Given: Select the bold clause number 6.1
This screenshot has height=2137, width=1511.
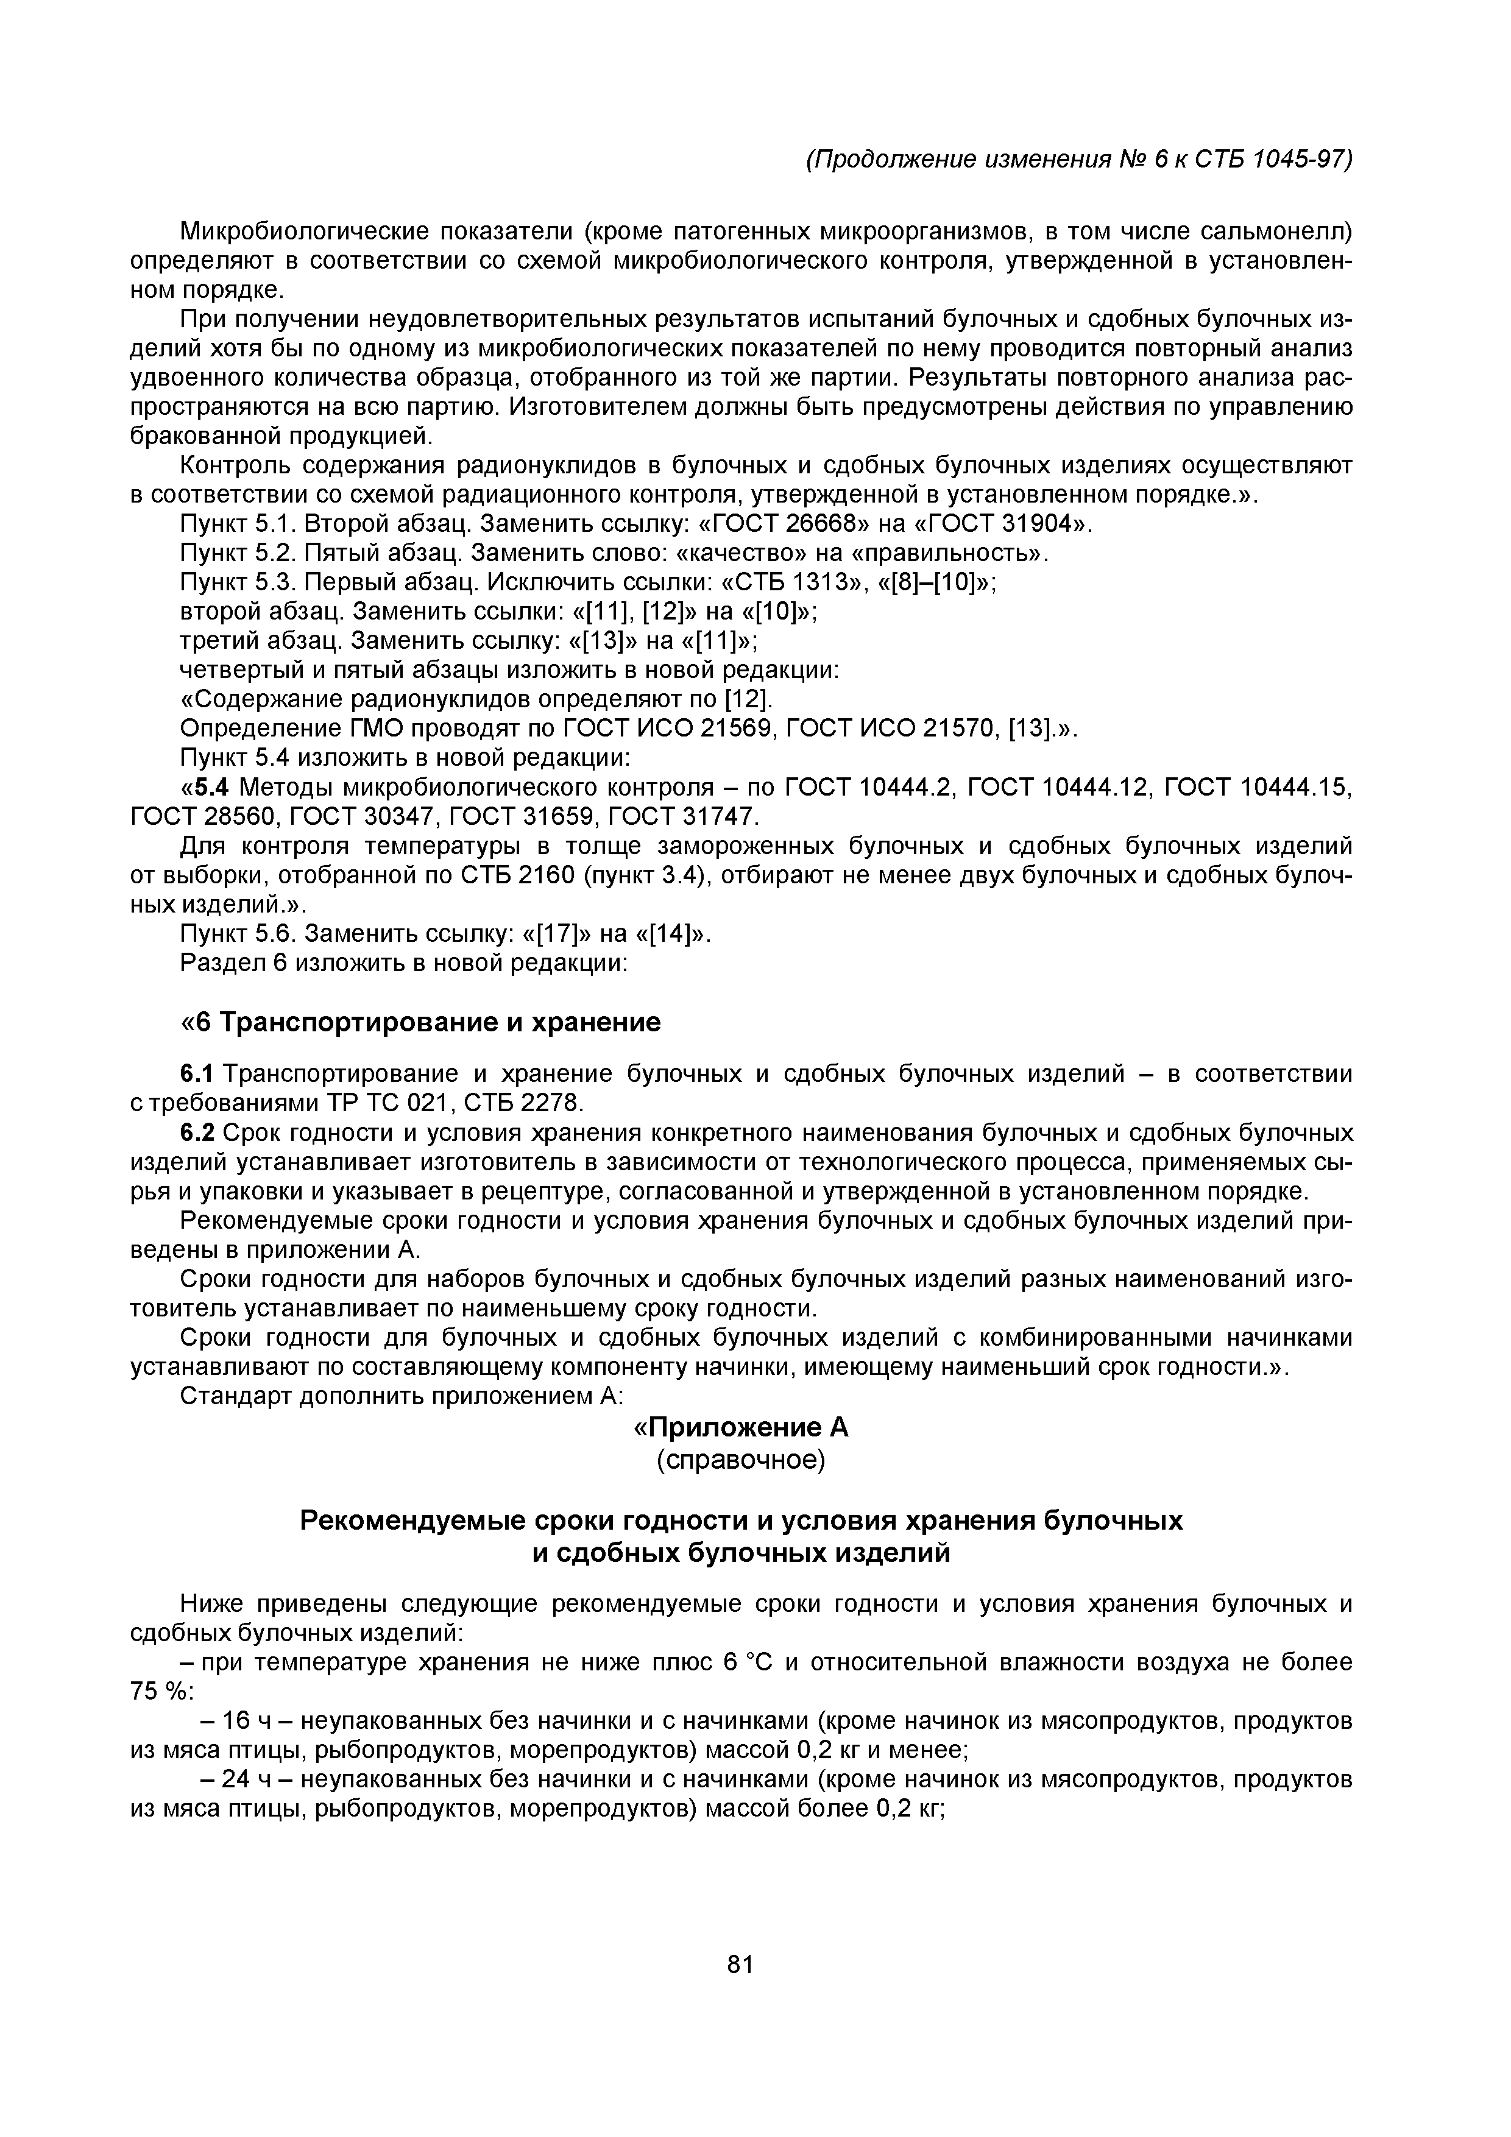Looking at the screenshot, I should [x=197, y=1074].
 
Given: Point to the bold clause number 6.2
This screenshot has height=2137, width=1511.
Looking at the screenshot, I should [x=197, y=1134].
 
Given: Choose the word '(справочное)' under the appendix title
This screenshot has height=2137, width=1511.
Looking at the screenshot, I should [x=741, y=1460].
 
